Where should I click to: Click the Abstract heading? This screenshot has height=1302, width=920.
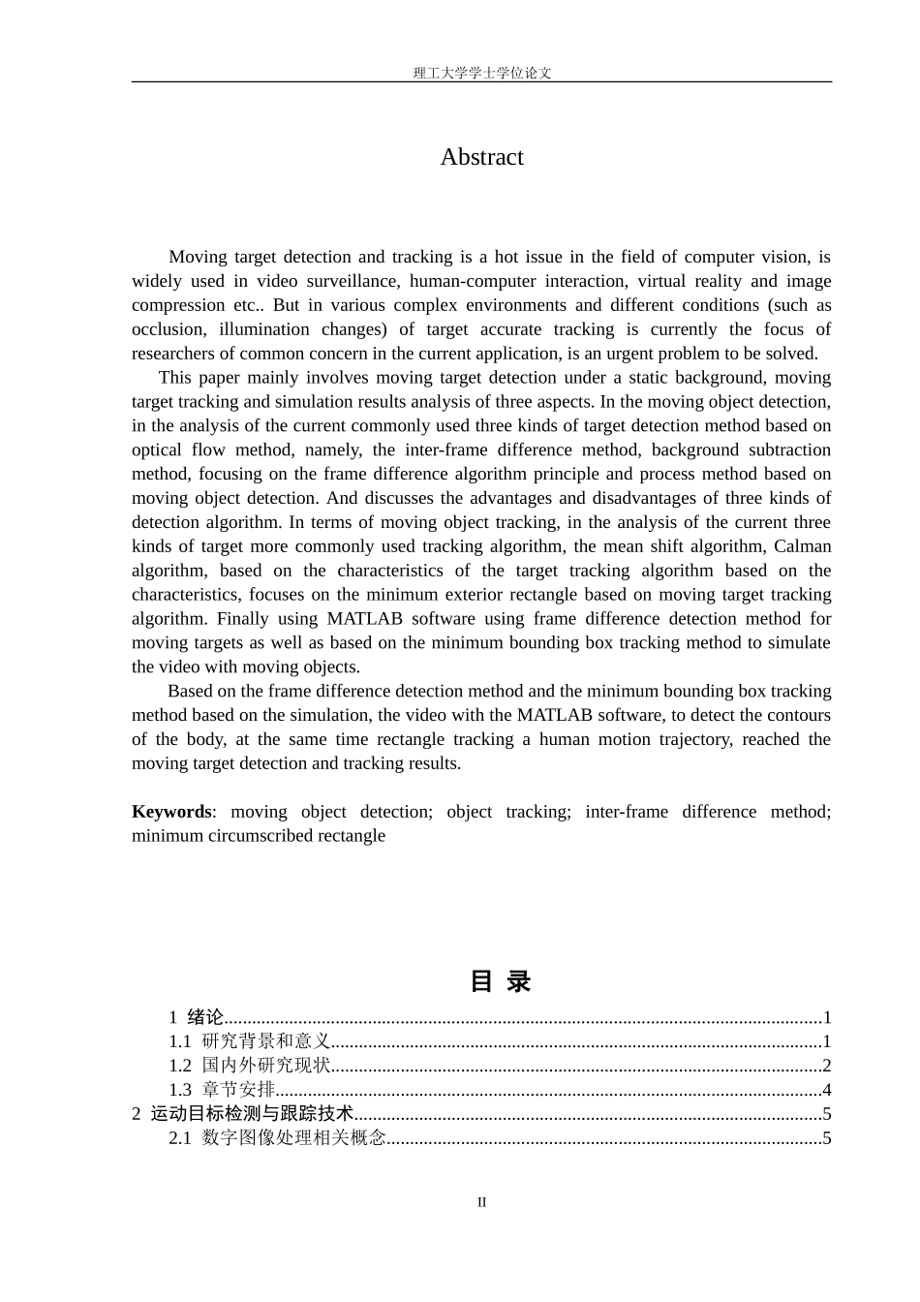tap(481, 157)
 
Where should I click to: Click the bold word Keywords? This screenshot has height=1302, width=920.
tap(171, 812)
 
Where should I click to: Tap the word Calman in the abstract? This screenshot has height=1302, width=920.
tap(802, 546)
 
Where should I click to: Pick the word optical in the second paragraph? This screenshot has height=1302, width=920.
tap(157, 449)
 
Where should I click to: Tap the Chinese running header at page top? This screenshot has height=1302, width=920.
tap(481, 73)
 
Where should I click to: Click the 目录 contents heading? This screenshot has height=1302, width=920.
tap(501, 981)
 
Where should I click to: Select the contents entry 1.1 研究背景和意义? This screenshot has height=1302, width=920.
tap(250, 1041)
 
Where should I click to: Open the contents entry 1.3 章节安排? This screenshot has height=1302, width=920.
tap(223, 1090)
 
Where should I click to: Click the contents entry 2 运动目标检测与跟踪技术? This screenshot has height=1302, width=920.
tap(242, 1114)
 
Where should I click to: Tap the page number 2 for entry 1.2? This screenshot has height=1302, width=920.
tap(826, 1066)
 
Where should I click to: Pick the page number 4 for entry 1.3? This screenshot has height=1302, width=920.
tap(826, 1090)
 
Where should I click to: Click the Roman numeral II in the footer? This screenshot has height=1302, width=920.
tap(481, 1202)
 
